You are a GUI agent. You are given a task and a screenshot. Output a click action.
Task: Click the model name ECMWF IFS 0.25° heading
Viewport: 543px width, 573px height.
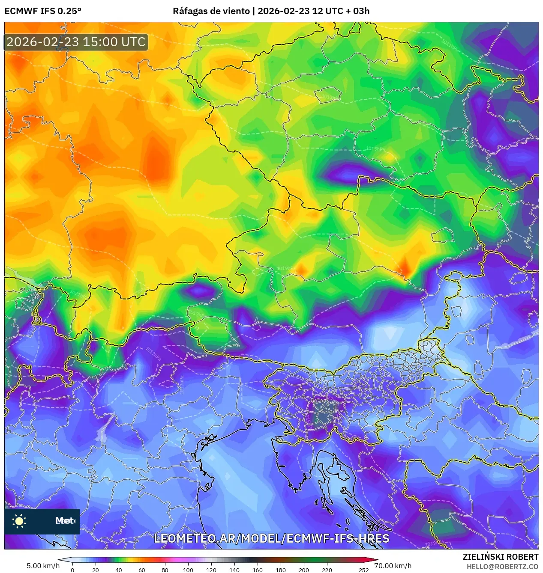(43, 11)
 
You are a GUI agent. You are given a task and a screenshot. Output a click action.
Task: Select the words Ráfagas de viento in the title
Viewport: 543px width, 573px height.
(211, 11)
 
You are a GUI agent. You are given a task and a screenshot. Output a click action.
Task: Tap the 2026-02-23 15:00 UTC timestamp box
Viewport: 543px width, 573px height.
(76, 42)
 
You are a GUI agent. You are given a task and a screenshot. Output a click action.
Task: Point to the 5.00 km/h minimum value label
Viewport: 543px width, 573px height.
(43, 566)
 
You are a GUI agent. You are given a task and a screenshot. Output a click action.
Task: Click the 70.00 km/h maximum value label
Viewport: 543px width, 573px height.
(393, 566)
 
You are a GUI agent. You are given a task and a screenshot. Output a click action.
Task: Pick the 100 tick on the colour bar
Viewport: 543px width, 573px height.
(188, 570)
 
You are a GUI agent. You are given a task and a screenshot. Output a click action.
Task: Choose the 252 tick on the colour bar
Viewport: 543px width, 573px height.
(363, 570)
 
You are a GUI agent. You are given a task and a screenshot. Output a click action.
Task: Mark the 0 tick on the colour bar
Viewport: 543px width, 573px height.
(72, 570)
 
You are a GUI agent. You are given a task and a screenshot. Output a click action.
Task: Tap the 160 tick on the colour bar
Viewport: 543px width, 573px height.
(258, 570)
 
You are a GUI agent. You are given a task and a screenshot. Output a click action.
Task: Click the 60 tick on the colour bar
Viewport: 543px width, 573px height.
(142, 570)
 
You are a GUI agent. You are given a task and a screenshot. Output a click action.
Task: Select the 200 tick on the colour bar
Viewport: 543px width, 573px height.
(304, 570)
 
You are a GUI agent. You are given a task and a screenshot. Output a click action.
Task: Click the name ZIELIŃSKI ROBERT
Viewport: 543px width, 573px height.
(500, 557)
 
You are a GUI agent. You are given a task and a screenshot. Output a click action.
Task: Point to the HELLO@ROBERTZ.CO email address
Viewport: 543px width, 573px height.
(502, 567)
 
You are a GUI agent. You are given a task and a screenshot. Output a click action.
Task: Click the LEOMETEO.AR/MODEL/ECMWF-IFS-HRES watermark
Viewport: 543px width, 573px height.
(271, 538)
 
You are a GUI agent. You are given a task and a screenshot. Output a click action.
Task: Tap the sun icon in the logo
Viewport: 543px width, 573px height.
(19, 521)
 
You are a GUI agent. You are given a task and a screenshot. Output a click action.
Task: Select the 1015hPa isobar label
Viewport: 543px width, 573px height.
(375, 149)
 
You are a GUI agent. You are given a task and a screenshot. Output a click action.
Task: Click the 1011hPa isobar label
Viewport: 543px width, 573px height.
(450, 45)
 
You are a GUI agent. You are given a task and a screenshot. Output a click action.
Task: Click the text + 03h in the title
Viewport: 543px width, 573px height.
(359, 11)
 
